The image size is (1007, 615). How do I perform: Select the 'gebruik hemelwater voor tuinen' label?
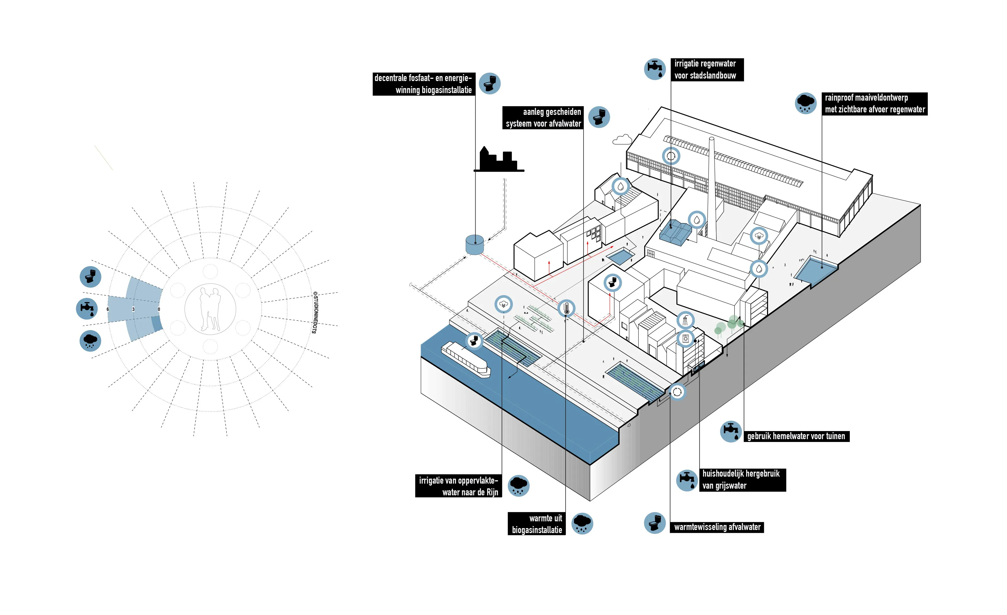click(796, 436)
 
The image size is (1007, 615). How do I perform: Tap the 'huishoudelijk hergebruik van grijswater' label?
click(742, 480)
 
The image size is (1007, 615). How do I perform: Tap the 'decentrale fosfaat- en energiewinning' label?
click(423, 84)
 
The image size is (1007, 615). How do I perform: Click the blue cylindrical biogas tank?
click(475, 245)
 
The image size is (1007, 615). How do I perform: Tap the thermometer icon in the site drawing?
click(566, 308)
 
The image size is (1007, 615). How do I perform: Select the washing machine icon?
click(686, 339)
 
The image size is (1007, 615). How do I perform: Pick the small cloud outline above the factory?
click(622, 140)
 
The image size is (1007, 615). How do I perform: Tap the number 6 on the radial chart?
click(107, 309)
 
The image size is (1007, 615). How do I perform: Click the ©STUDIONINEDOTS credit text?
click(315, 313)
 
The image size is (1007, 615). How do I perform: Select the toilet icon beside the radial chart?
click(90, 276)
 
